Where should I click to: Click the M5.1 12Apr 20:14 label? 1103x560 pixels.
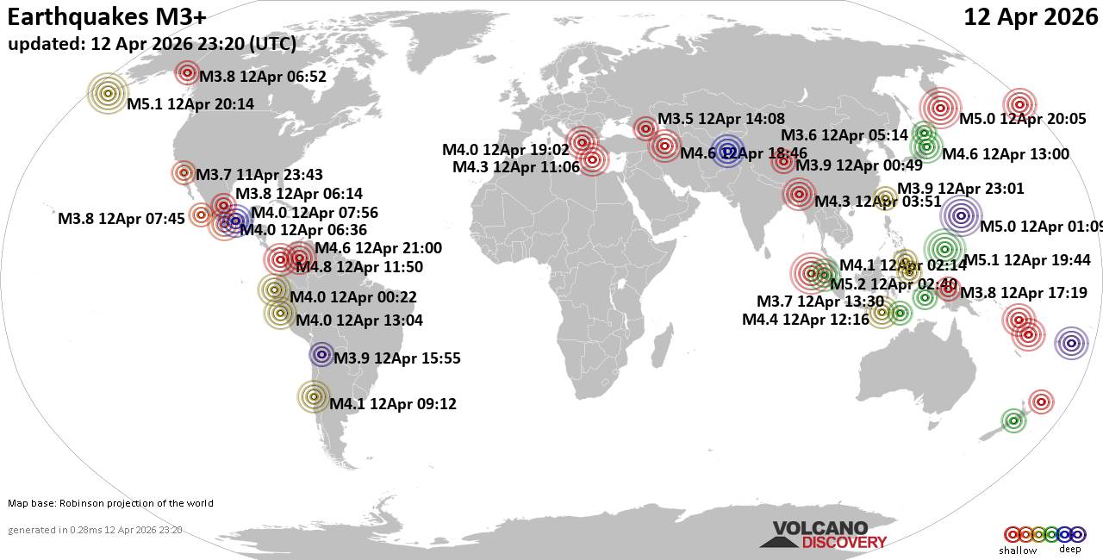[190, 104]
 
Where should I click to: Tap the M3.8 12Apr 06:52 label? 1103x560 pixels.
[262, 77]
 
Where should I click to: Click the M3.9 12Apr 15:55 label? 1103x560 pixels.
[396, 358]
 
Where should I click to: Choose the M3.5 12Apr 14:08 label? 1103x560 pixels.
[720, 119]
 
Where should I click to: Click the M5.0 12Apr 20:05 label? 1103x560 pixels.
[1022, 120]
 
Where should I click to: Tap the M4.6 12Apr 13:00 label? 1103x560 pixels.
[1006, 154]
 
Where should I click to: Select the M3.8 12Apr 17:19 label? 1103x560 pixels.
[1030, 293]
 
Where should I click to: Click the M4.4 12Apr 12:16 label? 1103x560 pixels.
[806, 320]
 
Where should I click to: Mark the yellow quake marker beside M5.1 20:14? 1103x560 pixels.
[108, 93]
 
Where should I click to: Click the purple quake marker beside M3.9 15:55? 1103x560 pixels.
[321, 354]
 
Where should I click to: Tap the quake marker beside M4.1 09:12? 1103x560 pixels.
[313, 397]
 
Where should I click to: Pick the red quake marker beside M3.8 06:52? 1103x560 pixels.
[187, 72]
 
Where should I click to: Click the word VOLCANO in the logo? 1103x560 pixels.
[819, 528]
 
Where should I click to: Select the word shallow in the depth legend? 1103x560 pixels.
[1018, 551]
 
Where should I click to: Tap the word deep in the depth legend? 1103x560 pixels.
[1069, 549]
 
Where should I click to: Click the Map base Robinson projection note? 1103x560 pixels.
[110, 503]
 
